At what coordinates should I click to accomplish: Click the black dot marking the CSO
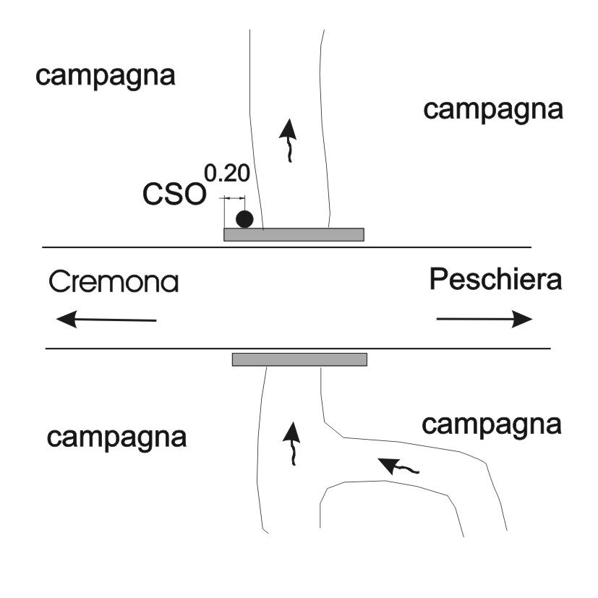coord(244,219)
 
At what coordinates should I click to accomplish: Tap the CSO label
coord(174,194)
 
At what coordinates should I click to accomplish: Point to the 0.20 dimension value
coord(227,173)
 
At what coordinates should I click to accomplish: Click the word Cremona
coord(114,281)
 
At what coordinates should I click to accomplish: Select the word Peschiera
coord(495,279)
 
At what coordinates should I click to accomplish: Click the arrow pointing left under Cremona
coord(106,319)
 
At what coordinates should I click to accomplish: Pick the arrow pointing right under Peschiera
coord(484,319)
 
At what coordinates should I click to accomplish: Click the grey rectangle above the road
coord(294,234)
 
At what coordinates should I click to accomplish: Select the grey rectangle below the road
coord(300,359)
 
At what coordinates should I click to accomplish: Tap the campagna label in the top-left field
coord(106,76)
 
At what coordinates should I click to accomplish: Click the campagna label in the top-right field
coord(493,110)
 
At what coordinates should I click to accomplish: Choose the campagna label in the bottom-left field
coord(116,438)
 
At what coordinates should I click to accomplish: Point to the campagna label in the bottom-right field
coord(491,425)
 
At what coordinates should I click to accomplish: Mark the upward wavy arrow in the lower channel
coord(293,444)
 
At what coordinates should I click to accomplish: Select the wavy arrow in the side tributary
coord(399,467)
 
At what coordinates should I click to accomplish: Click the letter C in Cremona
coord(59,281)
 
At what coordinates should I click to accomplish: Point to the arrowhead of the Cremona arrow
coord(67,319)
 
